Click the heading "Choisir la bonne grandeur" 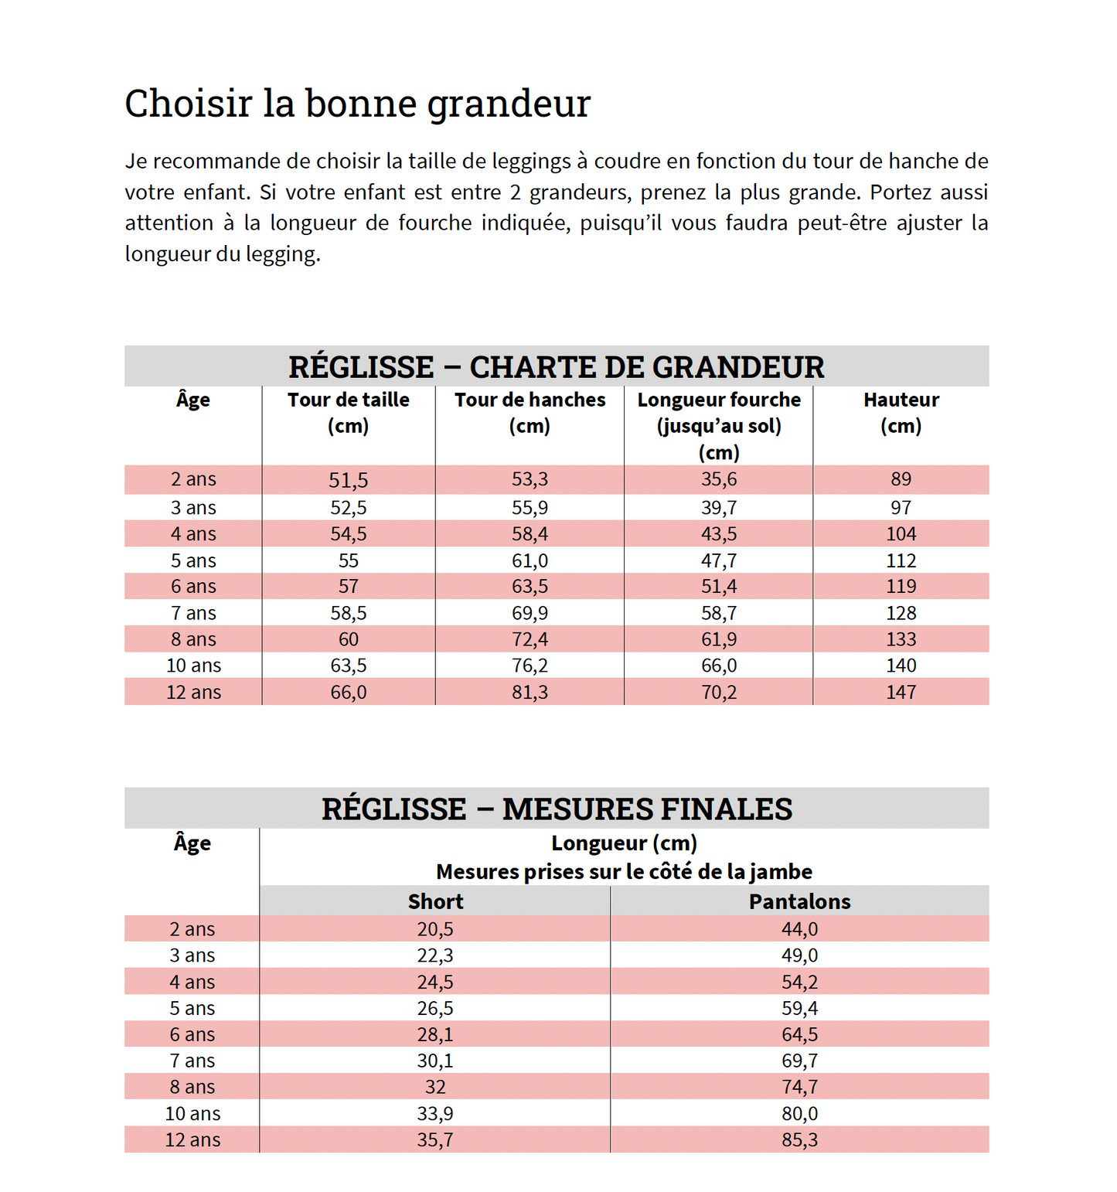click(357, 104)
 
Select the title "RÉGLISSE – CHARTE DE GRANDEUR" click(556, 367)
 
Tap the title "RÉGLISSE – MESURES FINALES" click(557, 809)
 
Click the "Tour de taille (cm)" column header click(349, 413)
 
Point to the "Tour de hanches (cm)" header click(530, 413)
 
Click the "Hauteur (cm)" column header click(901, 413)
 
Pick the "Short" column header click(435, 901)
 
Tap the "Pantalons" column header click(799, 901)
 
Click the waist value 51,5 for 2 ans click(349, 480)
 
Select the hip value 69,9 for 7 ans click(530, 613)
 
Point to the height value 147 click(901, 692)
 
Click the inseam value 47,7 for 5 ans click(719, 560)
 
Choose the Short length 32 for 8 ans click(435, 1087)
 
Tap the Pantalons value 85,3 click(799, 1139)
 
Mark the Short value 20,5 click(435, 929)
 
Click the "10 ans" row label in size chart click(193, 666)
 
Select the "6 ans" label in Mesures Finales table click(192, 1034)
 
